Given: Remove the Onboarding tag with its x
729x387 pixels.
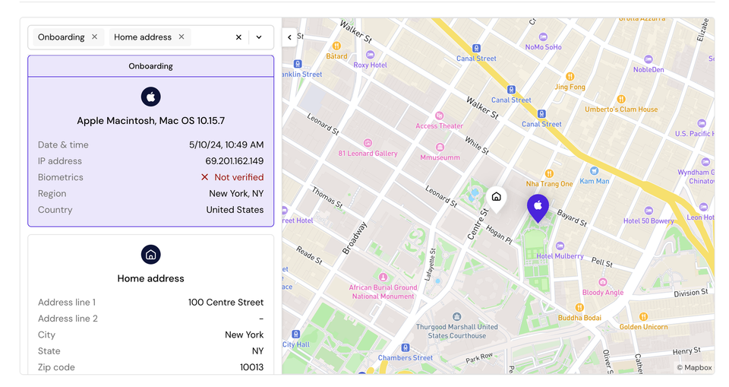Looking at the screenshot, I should click(95, 36).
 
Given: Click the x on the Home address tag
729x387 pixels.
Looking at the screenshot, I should click(181, 36).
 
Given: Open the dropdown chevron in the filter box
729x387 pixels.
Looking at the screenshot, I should click(259, 37).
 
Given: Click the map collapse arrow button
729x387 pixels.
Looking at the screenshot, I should click(289, 36).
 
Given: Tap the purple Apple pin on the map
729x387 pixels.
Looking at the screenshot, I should click(538, 206).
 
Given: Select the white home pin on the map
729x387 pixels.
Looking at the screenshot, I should click(496, 198).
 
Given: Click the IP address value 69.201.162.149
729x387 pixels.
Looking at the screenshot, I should click(234, 161).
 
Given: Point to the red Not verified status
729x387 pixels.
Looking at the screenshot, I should click(232, 177).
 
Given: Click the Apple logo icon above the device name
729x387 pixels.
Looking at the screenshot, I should click(150, 97).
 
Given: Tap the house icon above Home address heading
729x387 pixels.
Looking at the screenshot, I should click(150, 254).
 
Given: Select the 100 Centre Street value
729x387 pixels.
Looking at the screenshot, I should click(226, 303).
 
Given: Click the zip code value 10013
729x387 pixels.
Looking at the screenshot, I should click(251, 367).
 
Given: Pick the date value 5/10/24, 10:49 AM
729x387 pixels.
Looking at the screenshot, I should click(226, 144).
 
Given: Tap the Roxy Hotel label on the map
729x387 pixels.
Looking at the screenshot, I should click(371, 65).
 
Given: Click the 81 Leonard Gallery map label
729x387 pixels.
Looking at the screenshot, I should click(368, 154).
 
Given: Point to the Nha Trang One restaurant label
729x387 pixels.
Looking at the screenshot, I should click(550, 183).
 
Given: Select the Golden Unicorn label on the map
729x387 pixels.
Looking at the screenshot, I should click(643, 327).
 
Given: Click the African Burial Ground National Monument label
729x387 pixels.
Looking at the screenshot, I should click(383, 292).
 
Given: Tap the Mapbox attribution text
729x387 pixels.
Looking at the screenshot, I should click(695, 368).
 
